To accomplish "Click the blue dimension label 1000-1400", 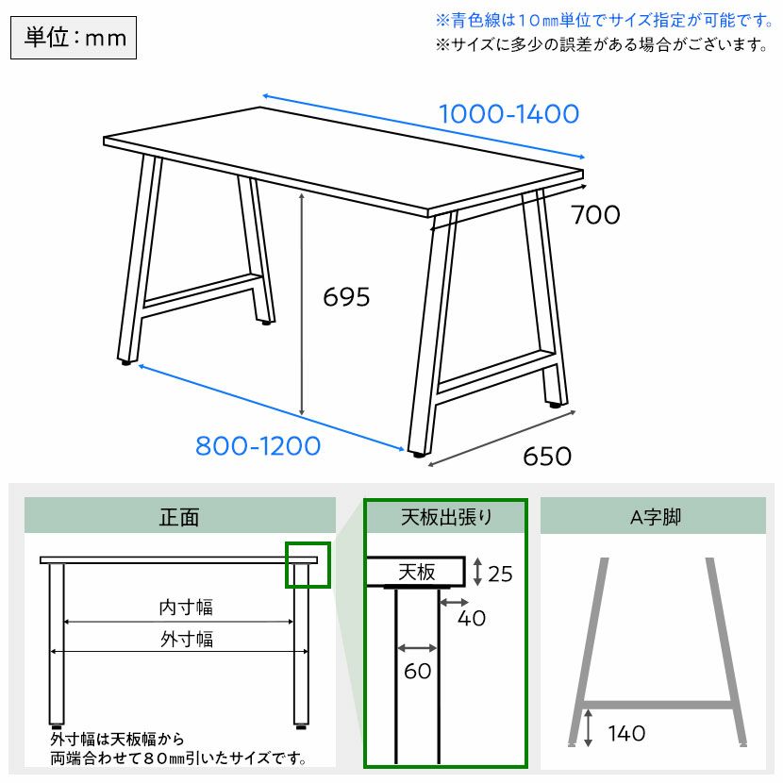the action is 508,114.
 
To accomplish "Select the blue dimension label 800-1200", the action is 258,446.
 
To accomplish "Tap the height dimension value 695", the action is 346,297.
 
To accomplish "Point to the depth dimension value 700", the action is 595,215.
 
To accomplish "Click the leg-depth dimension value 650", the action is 547,457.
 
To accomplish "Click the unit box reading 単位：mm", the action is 74,38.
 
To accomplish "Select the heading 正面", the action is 179,517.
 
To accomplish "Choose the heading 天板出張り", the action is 446,517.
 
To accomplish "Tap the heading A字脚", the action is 656,517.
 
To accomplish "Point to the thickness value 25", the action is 500,575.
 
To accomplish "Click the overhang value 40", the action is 472,619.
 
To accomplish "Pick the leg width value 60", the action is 418,671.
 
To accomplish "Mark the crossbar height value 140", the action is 626,734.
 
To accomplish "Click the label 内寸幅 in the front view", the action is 186,608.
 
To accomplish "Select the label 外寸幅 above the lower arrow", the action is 187,640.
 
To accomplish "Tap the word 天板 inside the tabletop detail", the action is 417,573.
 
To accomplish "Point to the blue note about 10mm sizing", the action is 604,21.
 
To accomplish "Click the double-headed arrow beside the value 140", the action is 589,728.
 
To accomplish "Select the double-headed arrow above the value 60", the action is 418,649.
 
